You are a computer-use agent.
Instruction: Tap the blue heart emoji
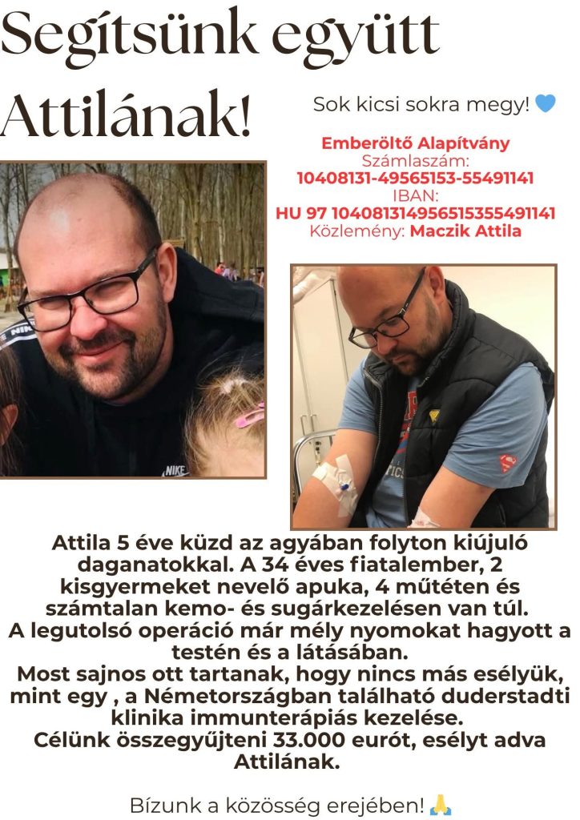(546, 104)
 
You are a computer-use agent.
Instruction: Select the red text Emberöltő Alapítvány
(415, 144)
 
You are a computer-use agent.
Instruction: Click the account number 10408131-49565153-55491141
(415, 179)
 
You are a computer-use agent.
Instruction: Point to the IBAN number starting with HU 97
(415, 214)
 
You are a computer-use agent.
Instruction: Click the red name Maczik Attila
(465, 231)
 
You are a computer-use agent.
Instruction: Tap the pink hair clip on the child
(249, 416)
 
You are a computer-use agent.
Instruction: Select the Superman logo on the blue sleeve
(508, 463)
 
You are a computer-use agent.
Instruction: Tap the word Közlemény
(357, 231)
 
